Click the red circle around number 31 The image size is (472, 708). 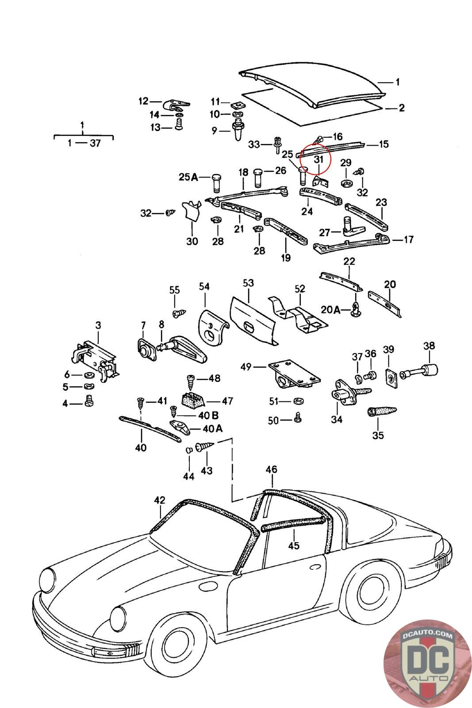point(317,160)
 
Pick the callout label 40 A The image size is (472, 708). point(213,428)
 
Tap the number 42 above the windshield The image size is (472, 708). point(159,500)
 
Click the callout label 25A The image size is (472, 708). point(188,177)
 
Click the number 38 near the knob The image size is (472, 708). point(429,346)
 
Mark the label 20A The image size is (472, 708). point(330,310)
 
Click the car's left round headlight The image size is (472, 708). point(48,579)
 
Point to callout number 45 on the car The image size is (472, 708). point(293,545)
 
